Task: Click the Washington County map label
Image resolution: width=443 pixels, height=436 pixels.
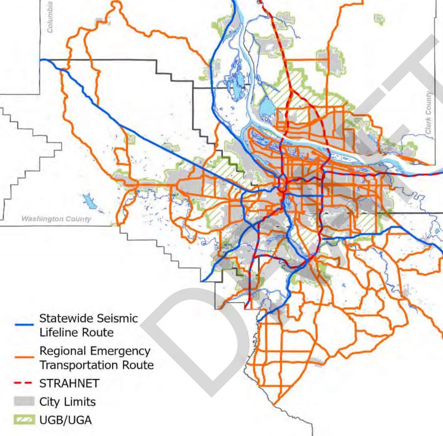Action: coord(56,219)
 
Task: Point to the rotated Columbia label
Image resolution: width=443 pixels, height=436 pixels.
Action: coord(50,17)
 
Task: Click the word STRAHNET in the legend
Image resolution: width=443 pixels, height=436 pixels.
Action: coord(69,383)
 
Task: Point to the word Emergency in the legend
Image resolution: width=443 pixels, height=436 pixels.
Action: coord(124,351)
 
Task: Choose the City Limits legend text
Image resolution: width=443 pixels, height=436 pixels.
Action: coord(68,401)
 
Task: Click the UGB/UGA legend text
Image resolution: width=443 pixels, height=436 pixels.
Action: coord(65,420)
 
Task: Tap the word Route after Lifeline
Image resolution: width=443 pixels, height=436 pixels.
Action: coord(99,332)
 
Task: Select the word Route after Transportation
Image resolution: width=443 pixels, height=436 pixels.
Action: coord(139,365)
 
